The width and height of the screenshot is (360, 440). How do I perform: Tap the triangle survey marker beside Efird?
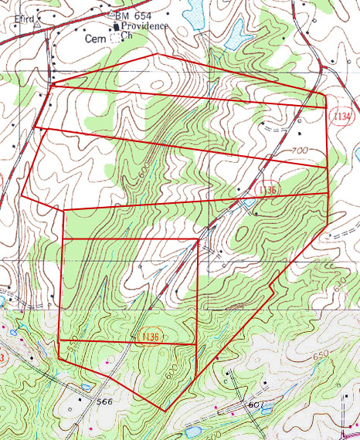(36, 24)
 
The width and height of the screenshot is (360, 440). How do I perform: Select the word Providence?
(146, 25)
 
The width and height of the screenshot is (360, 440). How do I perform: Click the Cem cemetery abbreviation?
(94, 36)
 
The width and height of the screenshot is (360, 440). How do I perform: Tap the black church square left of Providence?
(117, 25)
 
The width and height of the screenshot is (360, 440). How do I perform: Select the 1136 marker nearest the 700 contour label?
(265, 189)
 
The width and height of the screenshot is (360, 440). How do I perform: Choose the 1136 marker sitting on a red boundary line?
(150, 337)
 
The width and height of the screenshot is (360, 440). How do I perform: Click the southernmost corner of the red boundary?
(163, 409)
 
